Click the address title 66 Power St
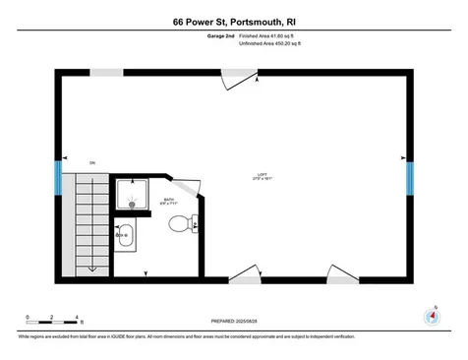(234, 21)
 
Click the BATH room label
(167, 202)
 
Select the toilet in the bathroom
(182, 224)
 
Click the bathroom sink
(125, 237)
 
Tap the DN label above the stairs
(91, 162)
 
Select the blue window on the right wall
(410, 180)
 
